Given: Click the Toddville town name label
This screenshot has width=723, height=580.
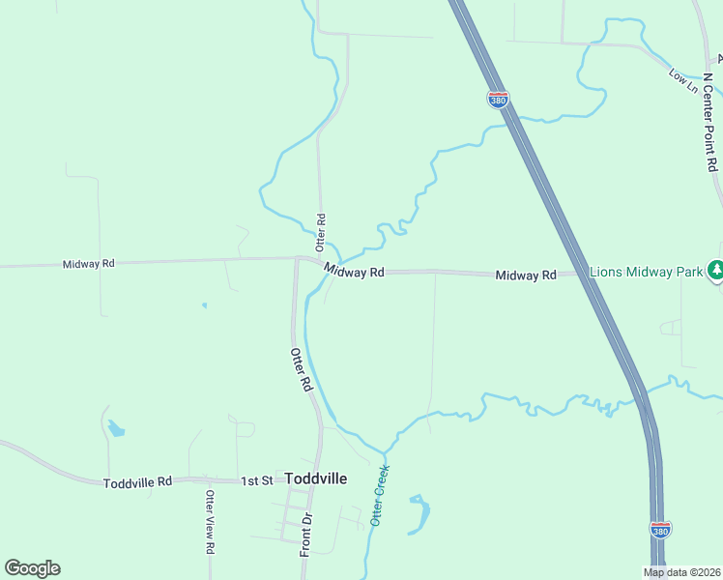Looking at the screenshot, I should pos(315,478).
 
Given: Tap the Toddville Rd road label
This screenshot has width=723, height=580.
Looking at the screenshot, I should pos(137,481).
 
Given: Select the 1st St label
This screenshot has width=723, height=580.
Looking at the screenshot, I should pos(256,480).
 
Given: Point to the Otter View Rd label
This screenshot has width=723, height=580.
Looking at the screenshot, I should pos(209,521).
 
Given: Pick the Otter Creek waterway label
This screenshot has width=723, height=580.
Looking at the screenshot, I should pos(380,496).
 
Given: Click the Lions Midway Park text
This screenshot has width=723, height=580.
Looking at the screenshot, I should pos(646,273).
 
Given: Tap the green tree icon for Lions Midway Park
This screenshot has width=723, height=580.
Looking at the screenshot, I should pos(715,271).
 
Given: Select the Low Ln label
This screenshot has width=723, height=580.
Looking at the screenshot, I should pos(683,80).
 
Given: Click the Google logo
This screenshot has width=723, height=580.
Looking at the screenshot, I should pos(32,568).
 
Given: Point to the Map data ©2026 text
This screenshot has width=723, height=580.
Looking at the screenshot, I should pos(682,572).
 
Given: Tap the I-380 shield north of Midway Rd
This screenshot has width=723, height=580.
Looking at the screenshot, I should pos(498,100).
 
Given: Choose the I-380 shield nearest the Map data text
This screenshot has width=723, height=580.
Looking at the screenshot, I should pos(660,530).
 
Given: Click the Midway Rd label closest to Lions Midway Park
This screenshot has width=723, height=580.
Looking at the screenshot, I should pos(526,275).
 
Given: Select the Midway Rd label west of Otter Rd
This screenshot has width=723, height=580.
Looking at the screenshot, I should pos(89,264).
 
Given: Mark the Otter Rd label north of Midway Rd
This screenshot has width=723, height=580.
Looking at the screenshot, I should pos(321,228).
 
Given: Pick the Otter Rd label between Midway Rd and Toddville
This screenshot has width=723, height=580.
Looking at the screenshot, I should pos(302,369).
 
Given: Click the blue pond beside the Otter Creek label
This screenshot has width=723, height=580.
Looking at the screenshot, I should pos(419,515).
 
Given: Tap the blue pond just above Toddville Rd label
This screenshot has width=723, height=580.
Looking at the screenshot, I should pos(116,427).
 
